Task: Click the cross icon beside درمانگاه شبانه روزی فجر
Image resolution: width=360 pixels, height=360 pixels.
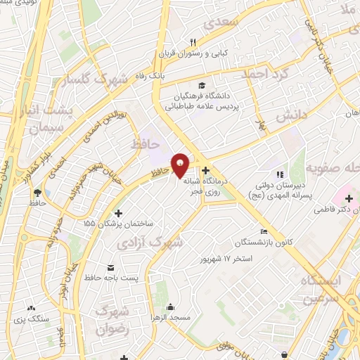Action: pyautogui.click(x=205, y=170)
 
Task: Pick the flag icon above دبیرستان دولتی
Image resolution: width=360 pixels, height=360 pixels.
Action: pyautogui.click(x=280, y=174)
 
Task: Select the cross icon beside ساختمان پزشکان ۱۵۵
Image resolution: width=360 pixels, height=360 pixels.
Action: pyautogui.click(x=117, y=213)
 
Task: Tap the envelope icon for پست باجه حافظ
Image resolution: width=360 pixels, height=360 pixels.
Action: pyautogui.click(x=111, y=268)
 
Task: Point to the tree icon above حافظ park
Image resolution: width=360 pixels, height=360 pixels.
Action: pyautogui.click(x=37, y=191)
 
